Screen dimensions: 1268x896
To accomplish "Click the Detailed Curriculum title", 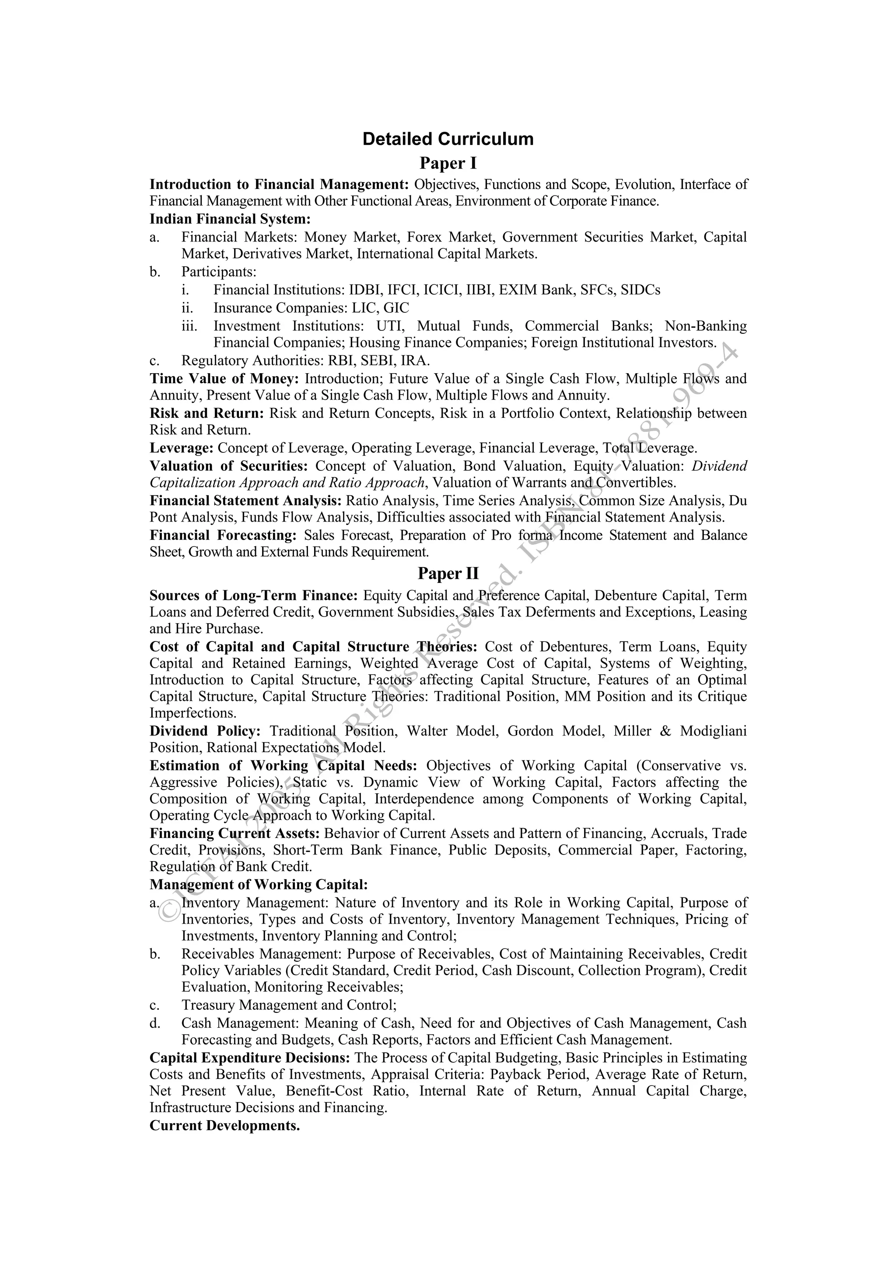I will coord(448,139).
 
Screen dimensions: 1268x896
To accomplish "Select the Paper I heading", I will coord(448,164).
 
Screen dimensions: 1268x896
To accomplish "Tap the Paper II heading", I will coord(448,573).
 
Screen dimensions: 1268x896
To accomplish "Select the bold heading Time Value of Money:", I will coord(224,379).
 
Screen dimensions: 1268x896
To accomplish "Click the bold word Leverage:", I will coord(181,448).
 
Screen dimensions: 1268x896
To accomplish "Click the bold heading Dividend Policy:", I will coord(205,731).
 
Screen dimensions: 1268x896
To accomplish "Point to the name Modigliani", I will coord(713,731).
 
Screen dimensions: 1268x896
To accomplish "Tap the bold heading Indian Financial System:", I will coord(230,219).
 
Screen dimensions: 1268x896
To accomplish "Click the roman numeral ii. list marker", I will coord(187,308).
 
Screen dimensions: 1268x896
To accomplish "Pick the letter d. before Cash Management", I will coord(155,1023).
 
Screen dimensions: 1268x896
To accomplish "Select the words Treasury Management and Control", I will coord(288,1005).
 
